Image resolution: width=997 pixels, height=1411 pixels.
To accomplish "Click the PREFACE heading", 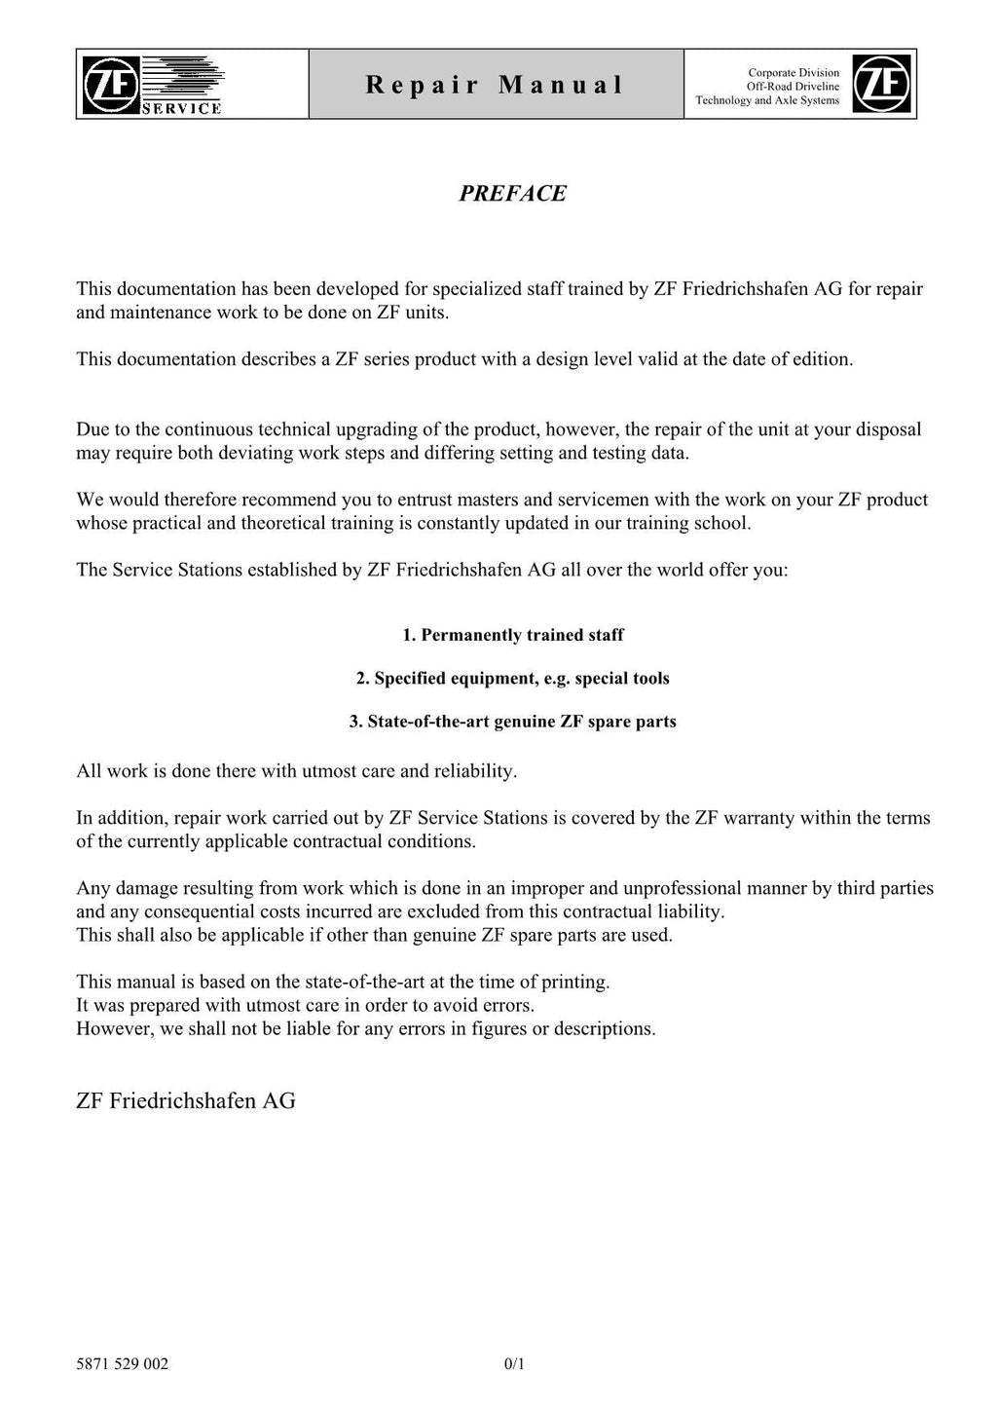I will coord(512,193).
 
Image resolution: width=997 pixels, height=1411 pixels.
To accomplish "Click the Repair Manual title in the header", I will coord(495,85).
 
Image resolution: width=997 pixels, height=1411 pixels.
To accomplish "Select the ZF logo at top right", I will coord(882,84).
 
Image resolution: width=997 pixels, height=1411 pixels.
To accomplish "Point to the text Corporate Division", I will coord(794,72).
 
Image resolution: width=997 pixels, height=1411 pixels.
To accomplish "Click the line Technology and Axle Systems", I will coord(767,100).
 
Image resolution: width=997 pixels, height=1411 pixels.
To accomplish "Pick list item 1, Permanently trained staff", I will coord(512,635).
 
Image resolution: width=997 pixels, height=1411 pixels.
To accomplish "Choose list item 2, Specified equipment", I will coord(512,678).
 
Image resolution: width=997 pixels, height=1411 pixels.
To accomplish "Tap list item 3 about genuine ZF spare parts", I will coord(512,722).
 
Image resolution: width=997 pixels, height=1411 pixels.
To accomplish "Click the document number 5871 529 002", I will coord(122,1363).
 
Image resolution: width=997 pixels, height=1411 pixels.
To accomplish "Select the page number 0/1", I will coord(514,1363).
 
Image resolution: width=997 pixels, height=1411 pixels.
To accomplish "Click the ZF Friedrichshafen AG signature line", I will coord(186,1100).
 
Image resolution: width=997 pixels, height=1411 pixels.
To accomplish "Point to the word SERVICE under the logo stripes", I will coord(182,109).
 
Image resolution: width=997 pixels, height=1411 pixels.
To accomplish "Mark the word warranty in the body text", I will coord(757,818).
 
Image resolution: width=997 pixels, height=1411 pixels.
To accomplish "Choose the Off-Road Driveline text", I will coord(793,87).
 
